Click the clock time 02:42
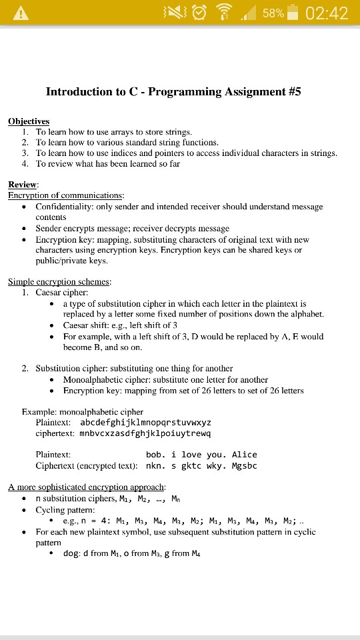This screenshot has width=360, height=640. (327, 13)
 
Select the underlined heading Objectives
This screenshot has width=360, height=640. (29, 121)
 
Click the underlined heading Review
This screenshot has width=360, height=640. (23, 184)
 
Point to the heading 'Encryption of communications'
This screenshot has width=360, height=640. (66, 195)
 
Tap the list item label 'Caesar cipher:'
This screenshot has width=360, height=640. (61, 293)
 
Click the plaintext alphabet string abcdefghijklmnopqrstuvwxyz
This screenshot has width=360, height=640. (145, 423)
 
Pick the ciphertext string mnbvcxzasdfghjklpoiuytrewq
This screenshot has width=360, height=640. (145, 433)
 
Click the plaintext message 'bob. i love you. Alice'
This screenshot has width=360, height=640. (201, 455)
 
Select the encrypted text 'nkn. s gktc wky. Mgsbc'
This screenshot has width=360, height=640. (201, 465)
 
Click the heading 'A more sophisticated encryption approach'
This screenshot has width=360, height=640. (87, 487)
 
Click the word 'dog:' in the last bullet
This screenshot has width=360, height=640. (71, 553)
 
